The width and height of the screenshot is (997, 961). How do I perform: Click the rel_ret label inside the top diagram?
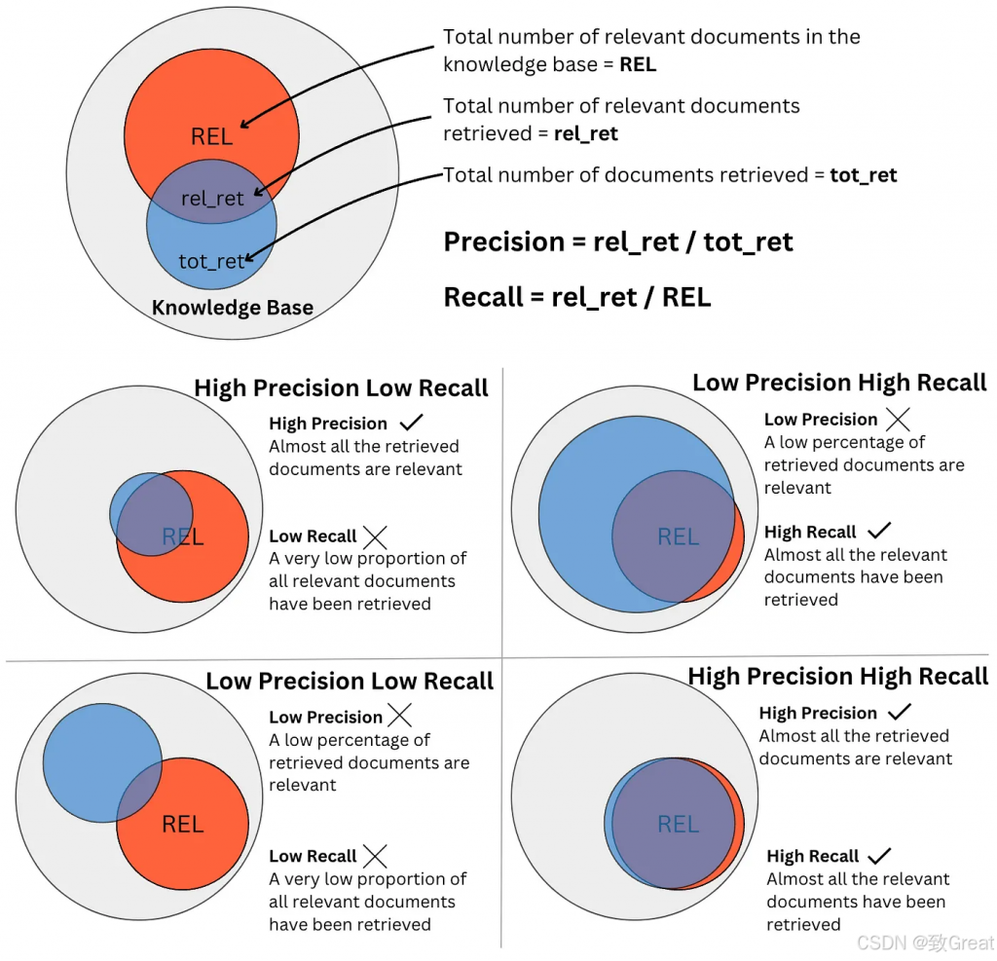212,199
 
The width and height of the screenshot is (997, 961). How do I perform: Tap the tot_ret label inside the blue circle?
211,261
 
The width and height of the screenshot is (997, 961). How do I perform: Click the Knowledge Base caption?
233,309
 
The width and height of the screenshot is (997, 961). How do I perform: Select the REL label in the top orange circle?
211,136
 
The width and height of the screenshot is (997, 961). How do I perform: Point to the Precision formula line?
618,242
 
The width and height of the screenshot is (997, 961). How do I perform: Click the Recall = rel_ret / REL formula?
577,297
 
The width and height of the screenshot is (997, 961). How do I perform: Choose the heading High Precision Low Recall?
341,388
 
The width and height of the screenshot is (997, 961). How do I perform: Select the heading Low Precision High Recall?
839,383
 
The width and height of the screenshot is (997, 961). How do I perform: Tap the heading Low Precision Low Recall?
350,682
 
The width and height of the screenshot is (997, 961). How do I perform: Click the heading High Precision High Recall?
837,677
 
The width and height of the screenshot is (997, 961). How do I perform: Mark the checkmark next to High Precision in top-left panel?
411,424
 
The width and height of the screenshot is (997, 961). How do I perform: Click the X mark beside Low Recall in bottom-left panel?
375,856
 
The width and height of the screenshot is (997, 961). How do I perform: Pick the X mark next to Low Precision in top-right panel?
898,420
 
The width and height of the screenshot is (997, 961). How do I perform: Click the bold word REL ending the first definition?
637,65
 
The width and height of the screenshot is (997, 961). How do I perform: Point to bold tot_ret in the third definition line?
863,176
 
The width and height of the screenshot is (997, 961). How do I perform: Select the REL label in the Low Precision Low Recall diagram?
182,825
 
